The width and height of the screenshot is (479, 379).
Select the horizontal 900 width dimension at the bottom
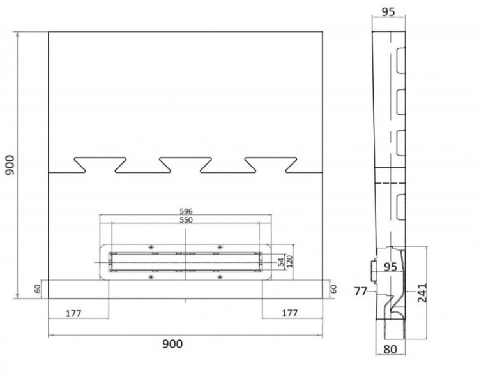(171, 344)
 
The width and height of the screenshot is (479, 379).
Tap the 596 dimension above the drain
(186, 211)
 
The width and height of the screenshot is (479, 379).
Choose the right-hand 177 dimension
(291, 313)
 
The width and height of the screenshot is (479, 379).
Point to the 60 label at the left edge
(38, 289)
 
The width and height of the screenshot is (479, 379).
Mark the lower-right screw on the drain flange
(219, 276)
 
